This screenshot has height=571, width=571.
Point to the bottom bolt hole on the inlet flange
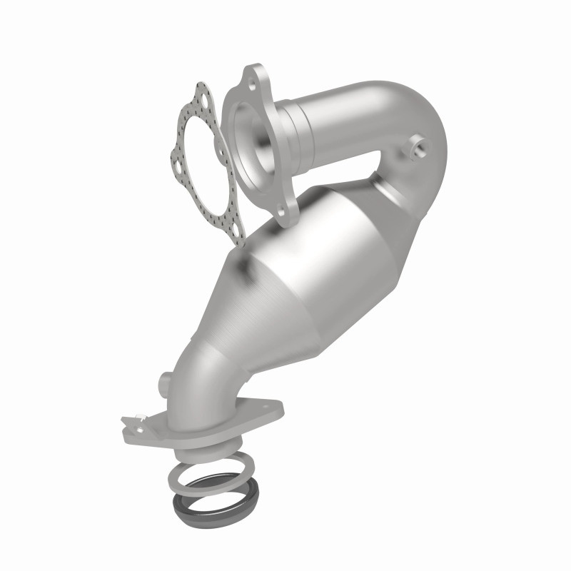[288, 212]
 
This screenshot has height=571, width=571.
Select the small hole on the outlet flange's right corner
[272, 409]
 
